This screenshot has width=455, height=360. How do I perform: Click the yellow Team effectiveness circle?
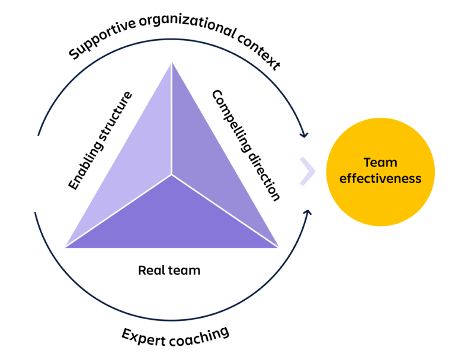380,172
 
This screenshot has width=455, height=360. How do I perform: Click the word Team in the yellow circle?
380,162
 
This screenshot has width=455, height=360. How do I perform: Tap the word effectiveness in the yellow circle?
380,178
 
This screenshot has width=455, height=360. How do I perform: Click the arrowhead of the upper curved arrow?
304,134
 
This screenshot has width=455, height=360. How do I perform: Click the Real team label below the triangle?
169,271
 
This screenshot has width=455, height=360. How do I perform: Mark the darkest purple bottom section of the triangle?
172,219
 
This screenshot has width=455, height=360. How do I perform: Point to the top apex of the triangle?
172,64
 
